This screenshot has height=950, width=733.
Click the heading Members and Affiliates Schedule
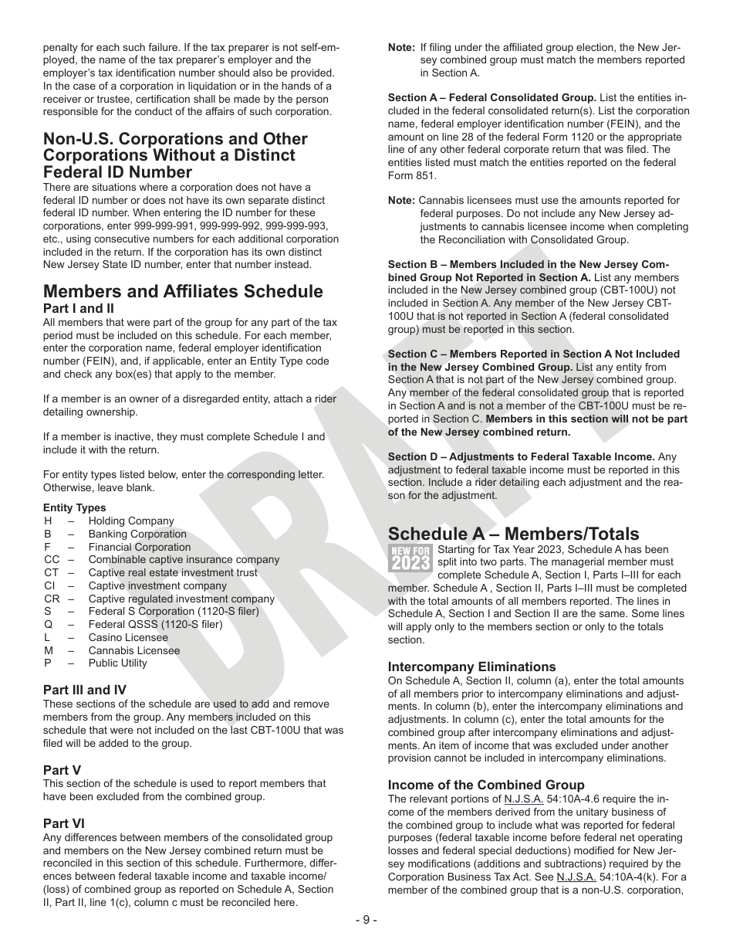click(x=183, y=291)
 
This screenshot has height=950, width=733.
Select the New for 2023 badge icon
click(x=410, y=557)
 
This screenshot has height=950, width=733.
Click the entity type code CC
click(x=52, y=560)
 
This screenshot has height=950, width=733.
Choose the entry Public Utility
click(x=117, y=663)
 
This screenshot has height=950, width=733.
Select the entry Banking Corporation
click(x=137, y=534)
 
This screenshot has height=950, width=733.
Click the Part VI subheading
click(x=64, y=824)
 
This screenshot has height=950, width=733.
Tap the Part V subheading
click(x=62, y=770)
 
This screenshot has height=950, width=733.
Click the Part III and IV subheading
click(x=85, y=690)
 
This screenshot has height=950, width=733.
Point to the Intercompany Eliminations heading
click(x=471, y=667)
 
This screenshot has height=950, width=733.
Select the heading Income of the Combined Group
click(x=486, y=785)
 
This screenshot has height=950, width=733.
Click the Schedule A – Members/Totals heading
click(x=513, y=534)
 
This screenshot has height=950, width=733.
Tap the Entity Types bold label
click(x=75, y=507)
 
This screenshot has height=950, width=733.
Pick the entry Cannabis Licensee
click(x=133, y=650)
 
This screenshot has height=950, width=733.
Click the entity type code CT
click(x=52, y=572)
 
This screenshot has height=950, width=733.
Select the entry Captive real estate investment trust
click(x=173, y=572)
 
